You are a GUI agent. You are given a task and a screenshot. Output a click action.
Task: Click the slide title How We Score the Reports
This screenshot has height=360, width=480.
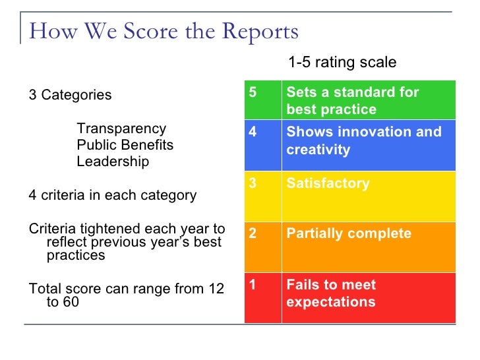[164, 31]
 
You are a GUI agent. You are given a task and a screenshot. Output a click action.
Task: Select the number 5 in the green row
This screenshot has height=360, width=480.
[253, 92]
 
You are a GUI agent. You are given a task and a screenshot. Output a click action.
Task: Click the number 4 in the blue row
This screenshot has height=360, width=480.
[253, 132]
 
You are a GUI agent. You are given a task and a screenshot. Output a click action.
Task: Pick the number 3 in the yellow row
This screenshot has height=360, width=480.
[253, 183]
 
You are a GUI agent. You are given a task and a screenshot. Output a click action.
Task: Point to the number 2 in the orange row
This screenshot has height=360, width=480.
[253, 234]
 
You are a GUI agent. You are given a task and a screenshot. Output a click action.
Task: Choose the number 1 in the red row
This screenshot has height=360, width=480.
[253, 285]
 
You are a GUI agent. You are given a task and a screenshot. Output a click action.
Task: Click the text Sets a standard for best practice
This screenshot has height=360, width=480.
[352, 101]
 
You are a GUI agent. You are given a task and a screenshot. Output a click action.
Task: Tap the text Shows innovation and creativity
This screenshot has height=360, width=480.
[363, 140]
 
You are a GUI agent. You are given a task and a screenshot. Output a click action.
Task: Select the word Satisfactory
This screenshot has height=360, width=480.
[328, 183]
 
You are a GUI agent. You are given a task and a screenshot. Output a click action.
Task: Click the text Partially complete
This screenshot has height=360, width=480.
[349, 234]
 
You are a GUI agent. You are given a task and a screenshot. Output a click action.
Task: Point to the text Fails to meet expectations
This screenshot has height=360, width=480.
[331, 293]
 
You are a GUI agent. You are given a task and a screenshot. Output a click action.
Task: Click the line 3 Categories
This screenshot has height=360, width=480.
[71, 95]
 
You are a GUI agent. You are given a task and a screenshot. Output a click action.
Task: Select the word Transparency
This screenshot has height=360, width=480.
[121, 129]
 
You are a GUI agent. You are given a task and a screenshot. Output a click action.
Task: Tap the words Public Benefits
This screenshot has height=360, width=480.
[125, 145]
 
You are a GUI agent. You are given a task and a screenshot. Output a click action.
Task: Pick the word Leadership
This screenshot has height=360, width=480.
[113, 162]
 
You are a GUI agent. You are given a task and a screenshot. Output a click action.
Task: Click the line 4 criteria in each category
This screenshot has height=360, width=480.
[113, 195]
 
